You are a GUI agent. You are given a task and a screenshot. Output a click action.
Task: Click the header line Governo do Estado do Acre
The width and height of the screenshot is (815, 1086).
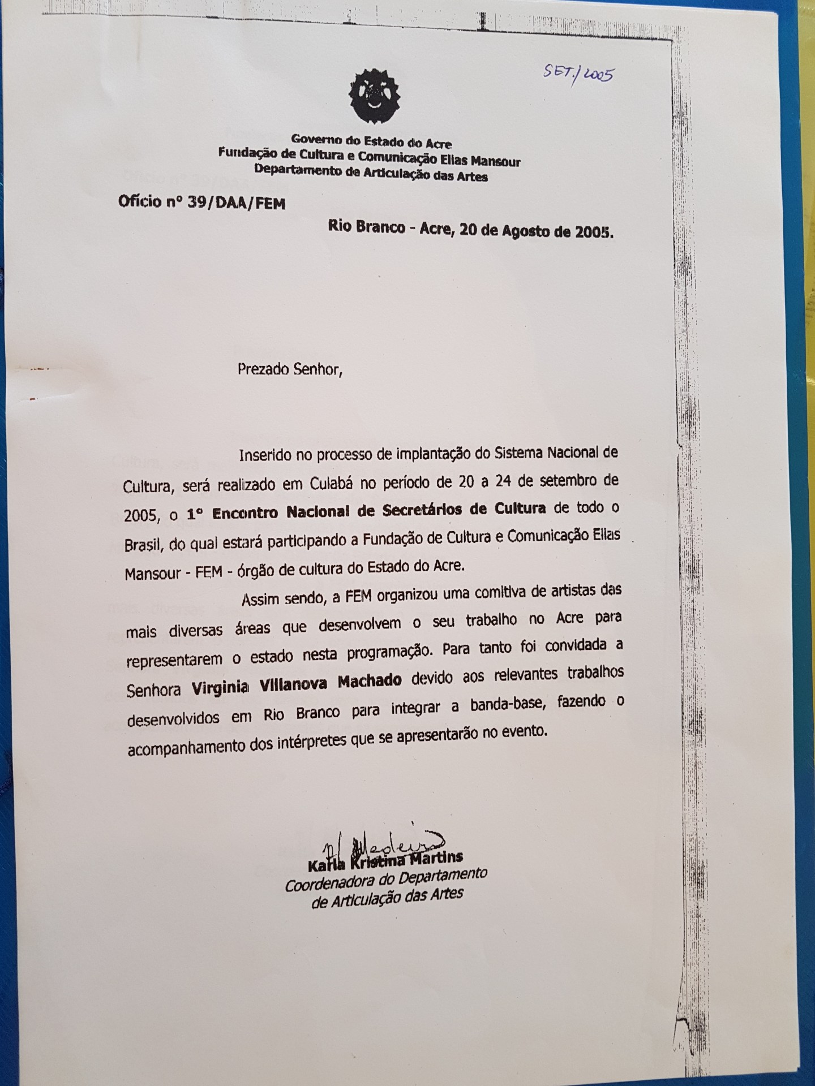pos(371,141)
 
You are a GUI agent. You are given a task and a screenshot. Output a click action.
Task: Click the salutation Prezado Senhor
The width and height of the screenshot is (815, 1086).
pos(290,370)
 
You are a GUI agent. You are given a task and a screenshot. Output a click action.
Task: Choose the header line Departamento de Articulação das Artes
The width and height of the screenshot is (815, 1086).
pos(371,172)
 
